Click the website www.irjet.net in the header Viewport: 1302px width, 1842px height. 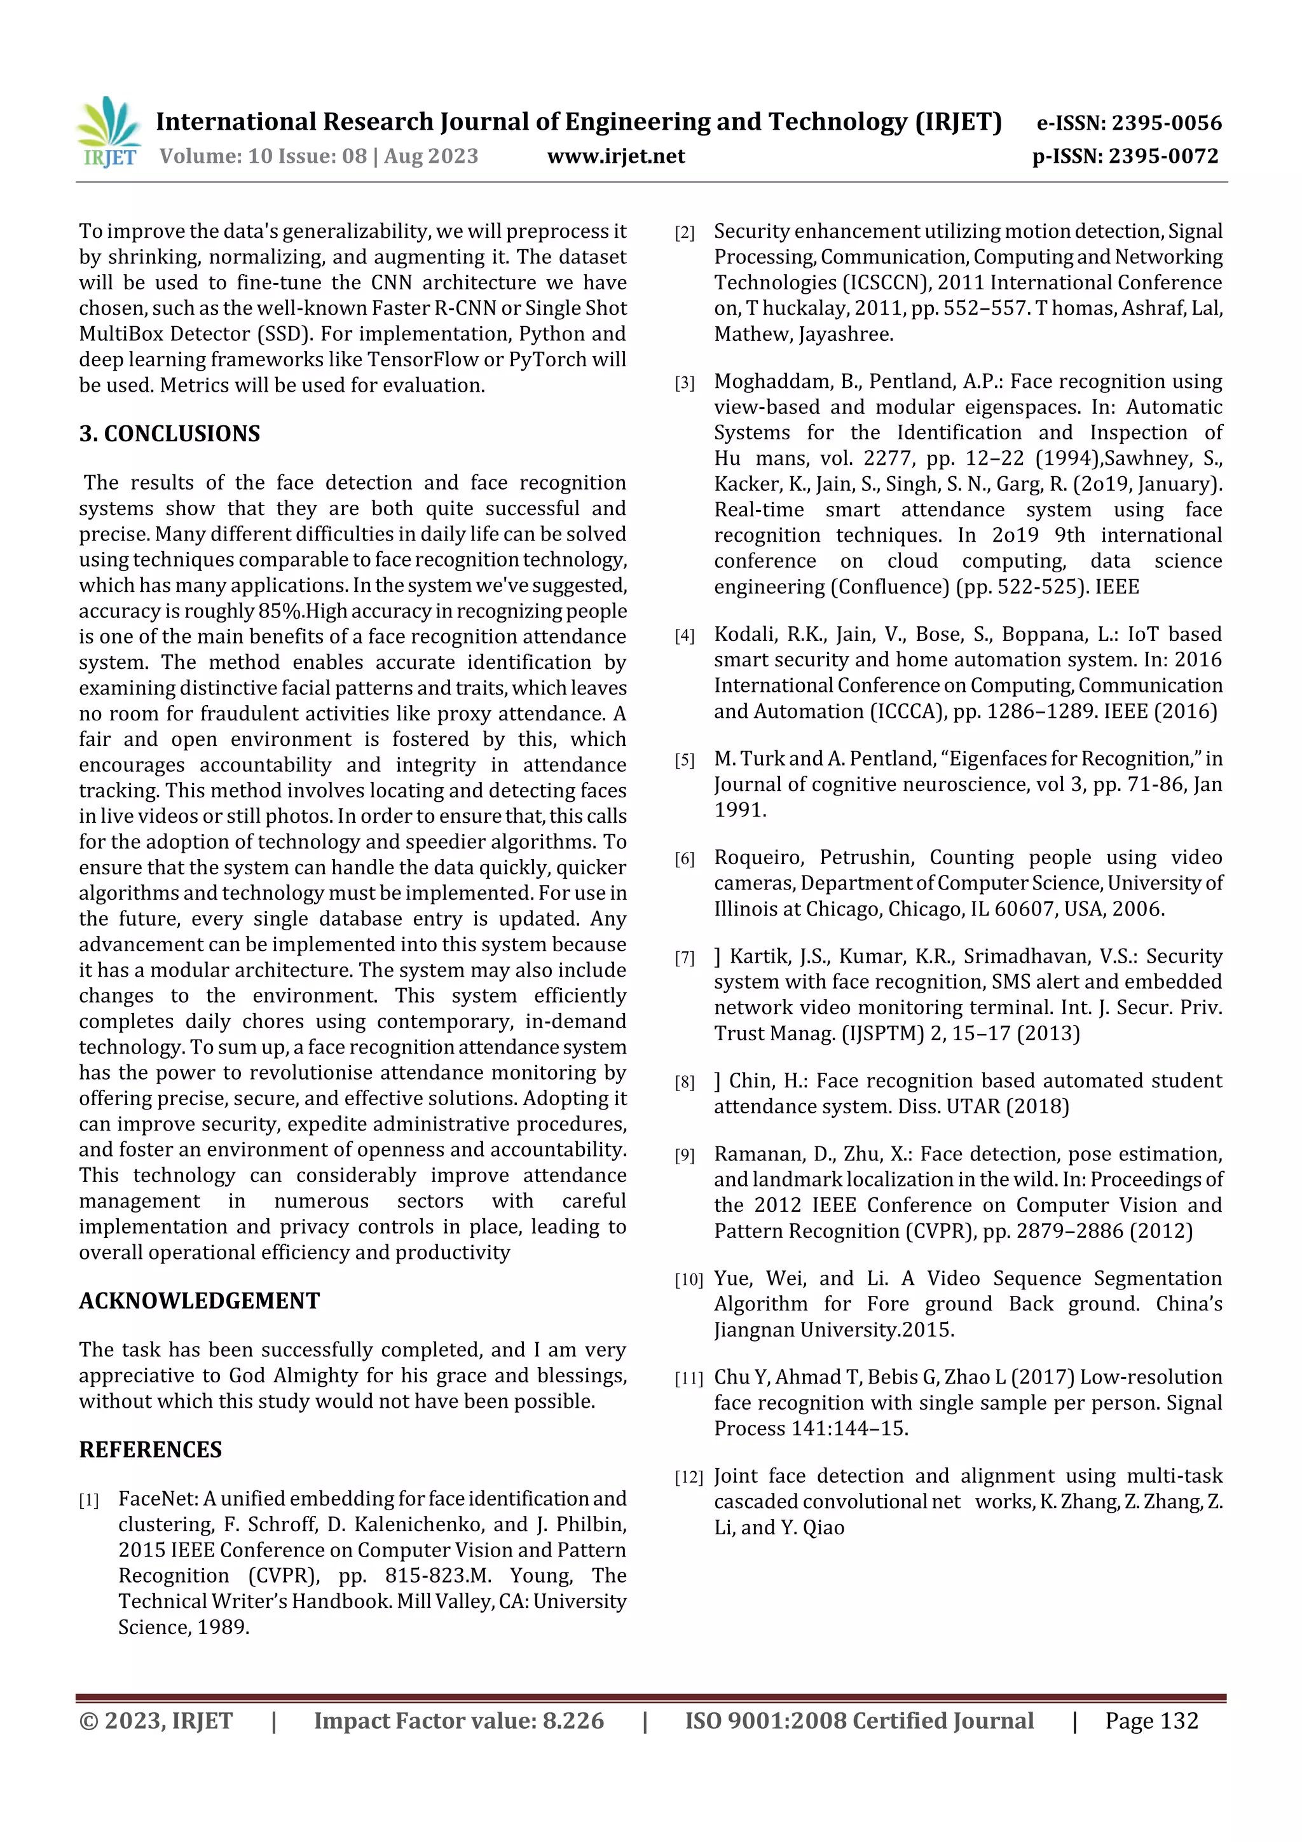point(615,156)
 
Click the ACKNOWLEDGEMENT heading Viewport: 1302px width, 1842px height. point(199,1300)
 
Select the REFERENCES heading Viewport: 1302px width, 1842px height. point(150,1450)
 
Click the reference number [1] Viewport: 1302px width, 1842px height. point(88,1500)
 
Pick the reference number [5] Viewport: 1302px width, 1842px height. point(684,760)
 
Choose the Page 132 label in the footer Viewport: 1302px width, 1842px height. point(1151,1721)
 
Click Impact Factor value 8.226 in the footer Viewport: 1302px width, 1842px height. point(458,1721)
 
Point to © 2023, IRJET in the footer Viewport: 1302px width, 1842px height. point(156,1721)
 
